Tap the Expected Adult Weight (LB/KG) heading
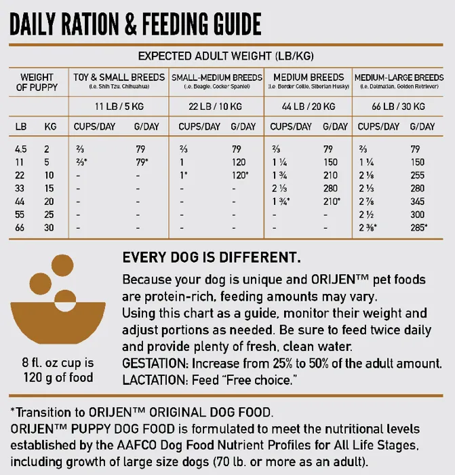(225, 56)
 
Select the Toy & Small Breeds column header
(119, 77)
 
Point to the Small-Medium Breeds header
(216, 77)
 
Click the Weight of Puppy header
(37, 82)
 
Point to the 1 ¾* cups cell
(281, 201)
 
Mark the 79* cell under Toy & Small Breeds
(142, 162)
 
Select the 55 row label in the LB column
(20, 214)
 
